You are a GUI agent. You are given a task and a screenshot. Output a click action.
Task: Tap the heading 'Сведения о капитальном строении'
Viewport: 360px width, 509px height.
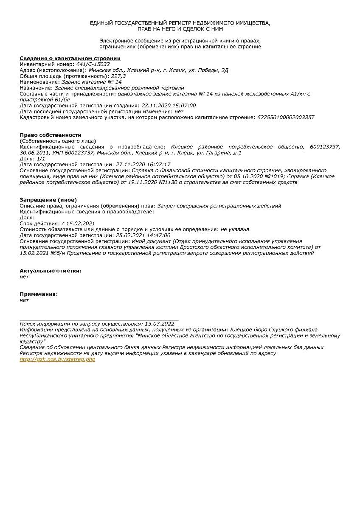(70, 59)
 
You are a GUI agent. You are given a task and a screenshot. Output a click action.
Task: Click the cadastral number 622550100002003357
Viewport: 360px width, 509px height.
(286, 117)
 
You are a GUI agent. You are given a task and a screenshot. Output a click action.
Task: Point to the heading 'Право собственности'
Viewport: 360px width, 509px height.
(50, 135)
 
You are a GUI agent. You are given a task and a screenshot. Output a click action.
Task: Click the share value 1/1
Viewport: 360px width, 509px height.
(41, 158)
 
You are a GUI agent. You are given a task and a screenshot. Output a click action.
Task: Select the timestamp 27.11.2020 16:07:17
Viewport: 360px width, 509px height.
(143, 164)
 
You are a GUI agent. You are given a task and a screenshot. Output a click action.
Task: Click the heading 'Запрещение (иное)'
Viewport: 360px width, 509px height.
(48, 200)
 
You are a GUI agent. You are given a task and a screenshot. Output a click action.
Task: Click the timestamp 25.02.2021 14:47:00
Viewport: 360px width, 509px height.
(143, 235)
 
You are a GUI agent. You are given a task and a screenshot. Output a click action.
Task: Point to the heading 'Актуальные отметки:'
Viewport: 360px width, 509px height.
(51, 271)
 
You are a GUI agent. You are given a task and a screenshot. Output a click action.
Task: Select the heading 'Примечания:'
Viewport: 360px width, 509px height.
(39, 294)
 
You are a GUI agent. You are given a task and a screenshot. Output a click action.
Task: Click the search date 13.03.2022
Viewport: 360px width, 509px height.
(159, 324)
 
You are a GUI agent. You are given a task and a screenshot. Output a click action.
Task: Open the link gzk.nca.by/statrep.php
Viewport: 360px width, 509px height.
(57, 359)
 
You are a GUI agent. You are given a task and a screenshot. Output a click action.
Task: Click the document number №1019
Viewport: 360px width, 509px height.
(274, 176)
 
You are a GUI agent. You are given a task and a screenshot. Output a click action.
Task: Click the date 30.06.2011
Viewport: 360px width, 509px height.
(35, 153)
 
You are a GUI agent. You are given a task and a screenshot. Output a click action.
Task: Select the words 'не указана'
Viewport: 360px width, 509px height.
(235, 229)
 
